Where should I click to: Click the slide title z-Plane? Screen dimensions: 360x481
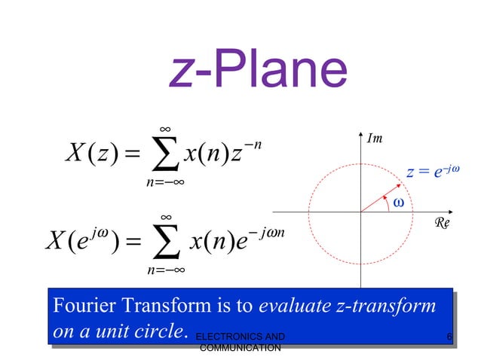pos(259,71)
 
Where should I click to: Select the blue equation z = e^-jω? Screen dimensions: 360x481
pos(432,172)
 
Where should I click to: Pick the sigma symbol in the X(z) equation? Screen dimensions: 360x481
pos(161,157)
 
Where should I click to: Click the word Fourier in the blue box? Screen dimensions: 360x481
pos(77,307)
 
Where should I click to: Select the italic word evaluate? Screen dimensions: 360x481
pos(296,307)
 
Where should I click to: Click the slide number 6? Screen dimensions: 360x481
pos(449,336)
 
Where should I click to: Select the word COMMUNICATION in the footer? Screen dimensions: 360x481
pos(240,347)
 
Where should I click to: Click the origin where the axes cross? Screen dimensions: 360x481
pos(360,212)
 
